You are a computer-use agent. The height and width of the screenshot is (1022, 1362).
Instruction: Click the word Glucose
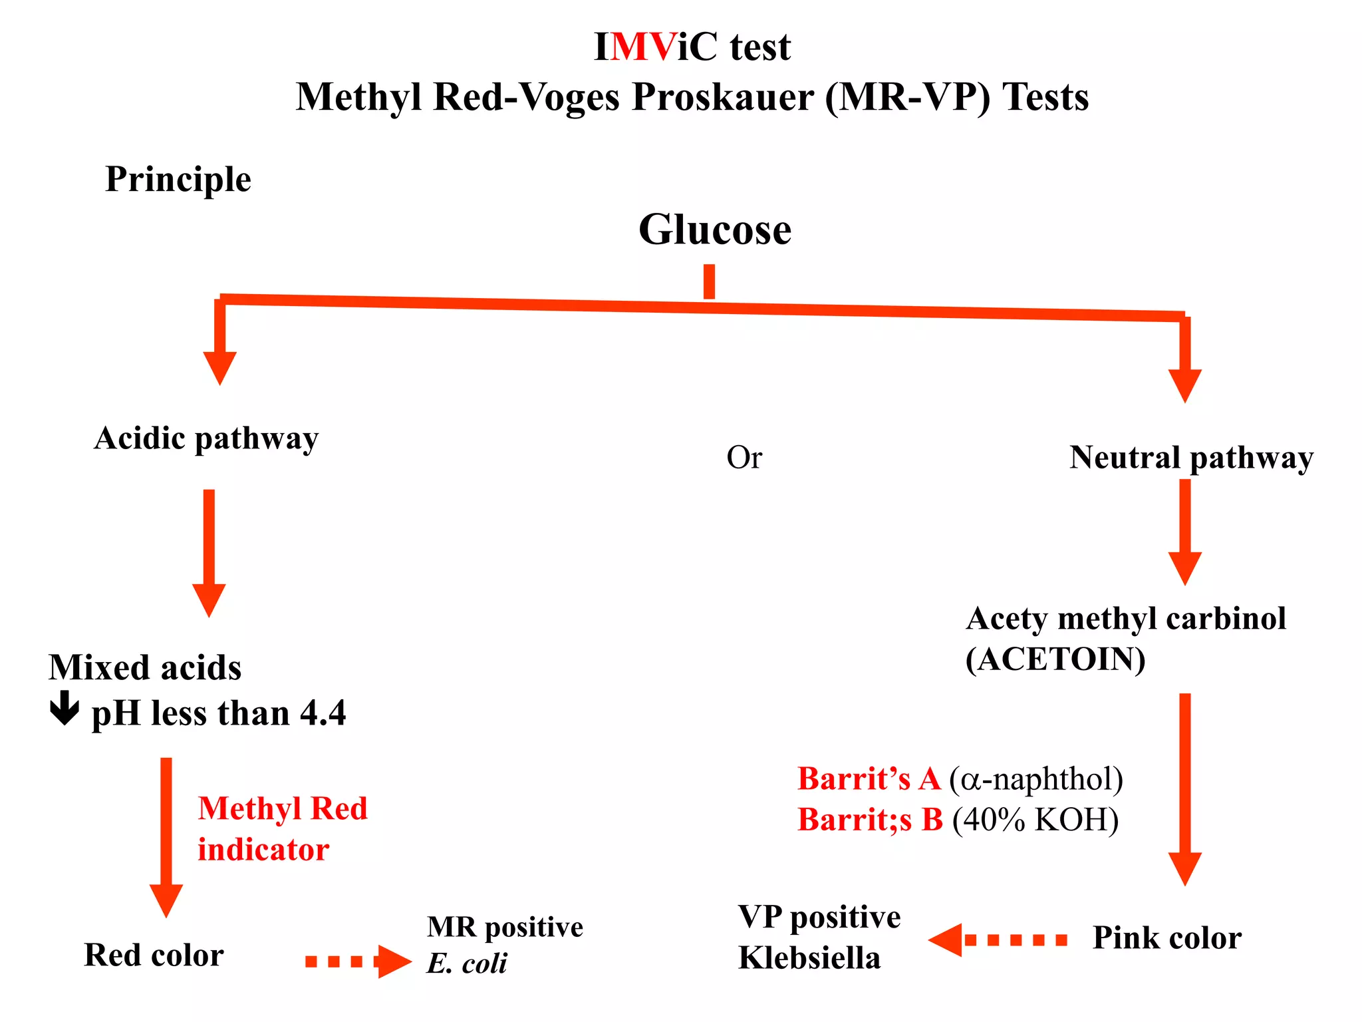coord(715,230)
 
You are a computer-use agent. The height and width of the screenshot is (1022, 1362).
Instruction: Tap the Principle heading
coord(178,180)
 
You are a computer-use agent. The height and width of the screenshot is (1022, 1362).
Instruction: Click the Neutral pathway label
coord(1191,458)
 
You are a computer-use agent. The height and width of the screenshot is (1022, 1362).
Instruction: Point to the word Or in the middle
coord(744,458)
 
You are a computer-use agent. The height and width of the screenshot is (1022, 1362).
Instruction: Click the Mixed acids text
coord(145,667)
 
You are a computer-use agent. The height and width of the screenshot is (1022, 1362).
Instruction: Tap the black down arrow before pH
coord(65,708)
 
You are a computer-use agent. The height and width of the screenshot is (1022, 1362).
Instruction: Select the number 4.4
coord(323,713)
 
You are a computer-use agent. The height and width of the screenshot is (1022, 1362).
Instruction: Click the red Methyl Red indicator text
coord(282,828)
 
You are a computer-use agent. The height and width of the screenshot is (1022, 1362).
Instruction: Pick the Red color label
coord(154,955)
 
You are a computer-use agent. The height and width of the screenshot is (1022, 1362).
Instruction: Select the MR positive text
coord(505,927)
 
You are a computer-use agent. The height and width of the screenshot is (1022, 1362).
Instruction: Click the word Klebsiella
coord(809,958)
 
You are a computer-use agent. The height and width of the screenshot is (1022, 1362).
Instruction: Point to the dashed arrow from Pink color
coord(998,939)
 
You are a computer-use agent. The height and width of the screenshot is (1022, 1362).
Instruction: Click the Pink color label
coord(1166,938)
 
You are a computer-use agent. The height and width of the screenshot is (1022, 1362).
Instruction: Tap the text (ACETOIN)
coord(1055,660)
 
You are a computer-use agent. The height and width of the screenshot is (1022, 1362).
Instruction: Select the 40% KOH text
coord(1035,820)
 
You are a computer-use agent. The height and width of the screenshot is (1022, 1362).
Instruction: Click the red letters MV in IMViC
coord(642,47)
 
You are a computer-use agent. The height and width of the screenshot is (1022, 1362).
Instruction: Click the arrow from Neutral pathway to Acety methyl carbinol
coord(1184,532)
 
